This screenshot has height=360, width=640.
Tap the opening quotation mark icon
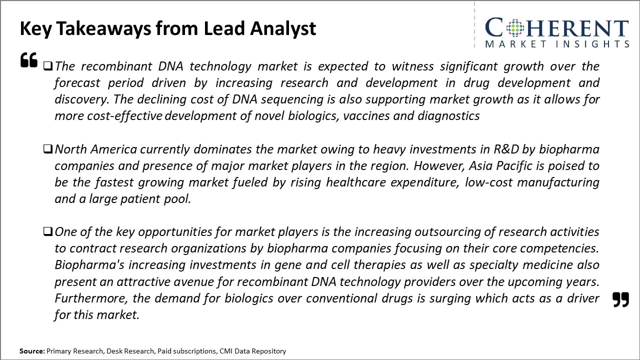[x=29, y=60]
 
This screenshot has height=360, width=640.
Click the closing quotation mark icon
[x=620, y=299]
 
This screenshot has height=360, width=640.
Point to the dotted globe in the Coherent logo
[x=514, y=28]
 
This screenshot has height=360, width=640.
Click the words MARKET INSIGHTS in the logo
[x=556, y=44]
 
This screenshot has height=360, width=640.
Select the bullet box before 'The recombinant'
[x=48, y=65]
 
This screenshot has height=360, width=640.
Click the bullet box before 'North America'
[x=48, y=148]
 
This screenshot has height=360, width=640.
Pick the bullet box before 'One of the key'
[x=48, y=231]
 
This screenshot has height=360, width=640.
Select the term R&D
[x=506, y=149]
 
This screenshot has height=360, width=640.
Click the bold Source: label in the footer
[x=32, y=351]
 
